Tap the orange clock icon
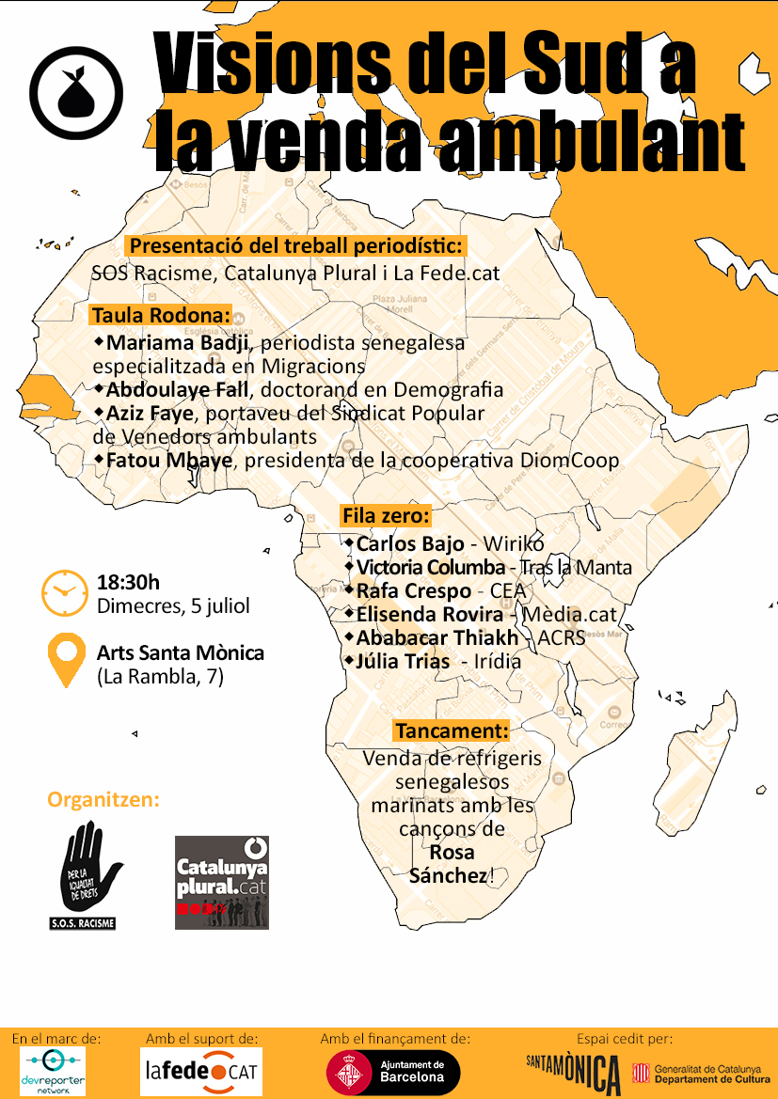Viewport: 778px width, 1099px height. pos(64,591)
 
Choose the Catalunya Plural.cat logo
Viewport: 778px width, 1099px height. pos(222,882)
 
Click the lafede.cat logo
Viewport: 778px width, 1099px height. pos(201,1072)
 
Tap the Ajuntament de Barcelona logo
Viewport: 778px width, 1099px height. pos(392,1072)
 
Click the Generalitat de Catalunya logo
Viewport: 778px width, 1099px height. pos(701,1073)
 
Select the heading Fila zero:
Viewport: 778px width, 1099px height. pos(386,516)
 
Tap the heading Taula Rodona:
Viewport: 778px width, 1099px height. pos(161,315)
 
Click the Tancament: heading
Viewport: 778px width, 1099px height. pos(452,730)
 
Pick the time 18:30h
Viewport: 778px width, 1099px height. pos(129,582)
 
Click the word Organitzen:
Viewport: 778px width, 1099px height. pos(103,800)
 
